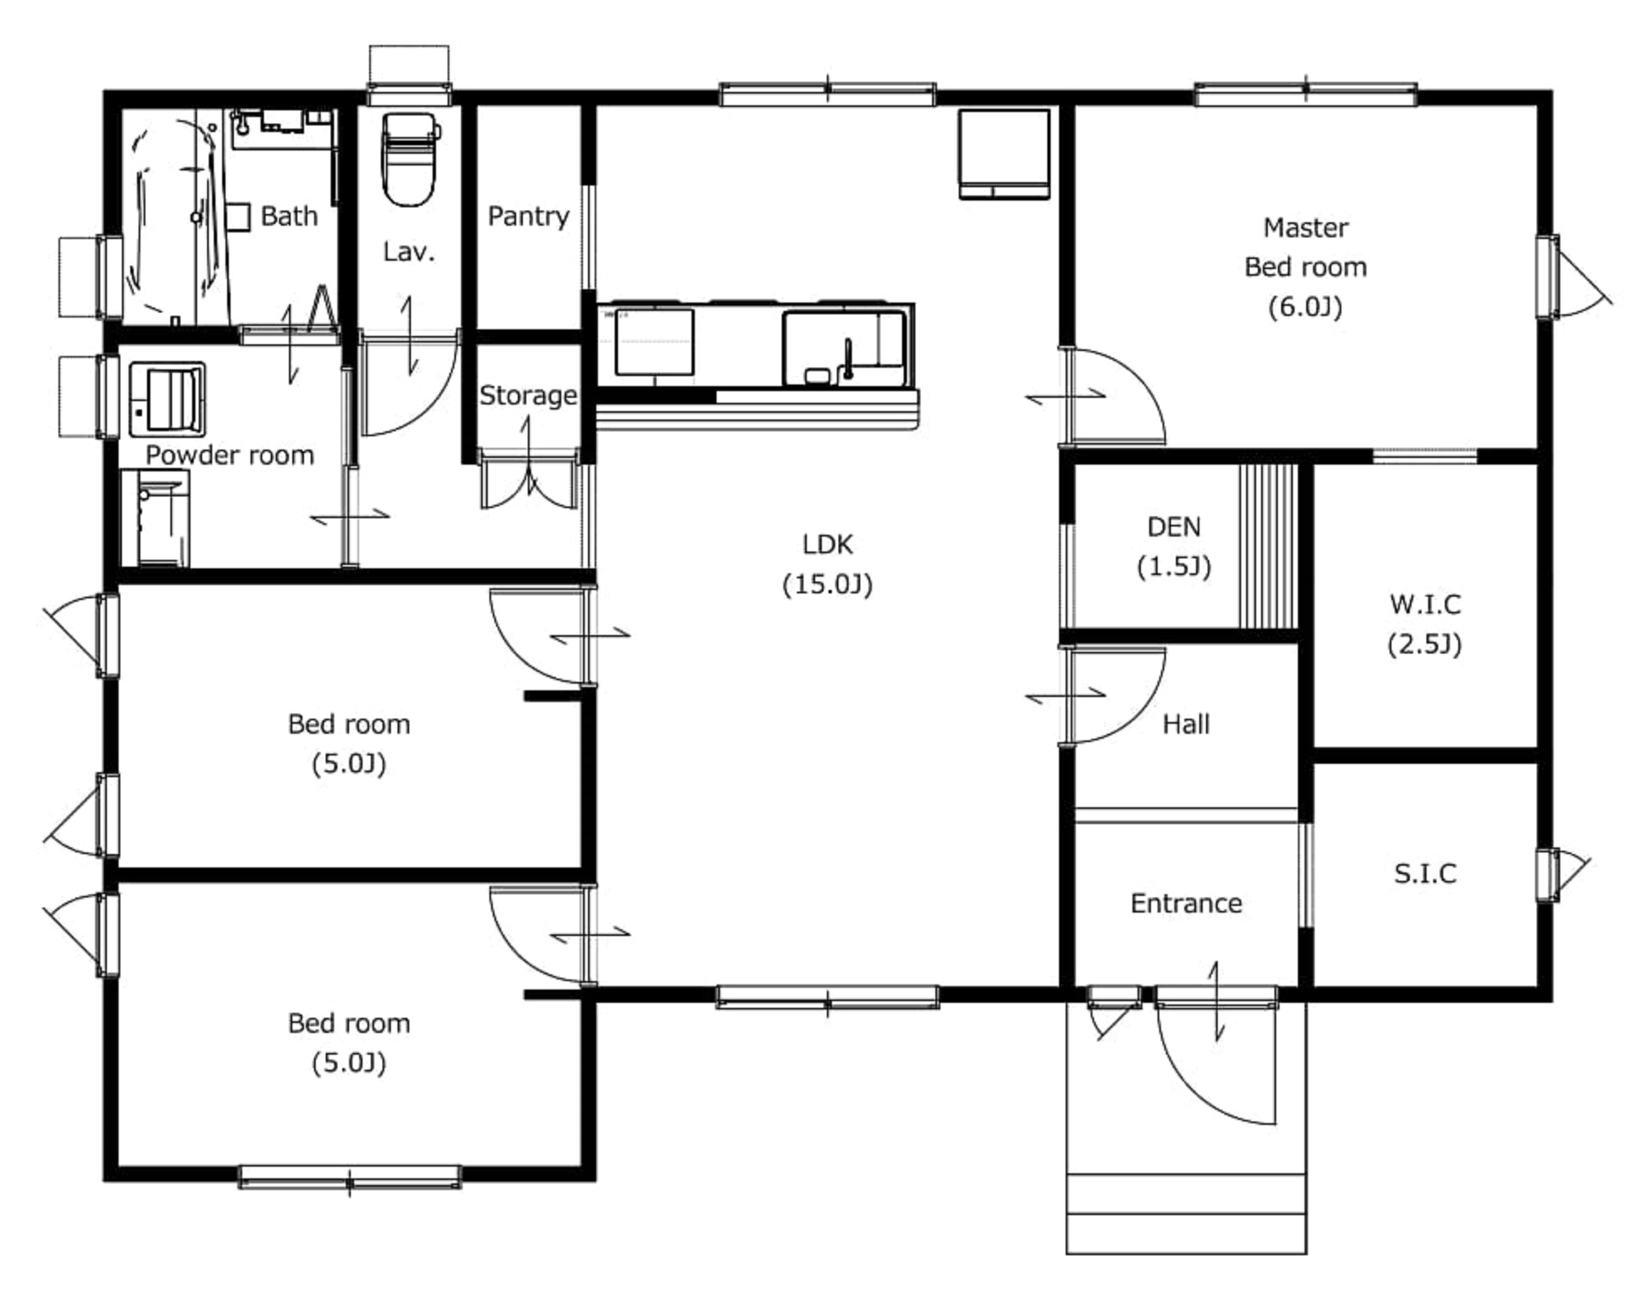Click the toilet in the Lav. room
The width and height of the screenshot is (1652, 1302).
tap(409, 159)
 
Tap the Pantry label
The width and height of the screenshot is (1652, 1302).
tap(528, 216)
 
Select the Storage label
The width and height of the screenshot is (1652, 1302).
tap(528, 395)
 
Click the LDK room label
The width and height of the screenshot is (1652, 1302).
tap(827, 544)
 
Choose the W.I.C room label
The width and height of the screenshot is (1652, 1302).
tap(1425, 604)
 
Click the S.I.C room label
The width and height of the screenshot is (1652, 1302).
tap(1425, 873)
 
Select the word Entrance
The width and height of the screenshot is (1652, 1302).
tap(1186, 903)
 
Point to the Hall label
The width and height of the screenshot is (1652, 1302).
tap(1186, 725)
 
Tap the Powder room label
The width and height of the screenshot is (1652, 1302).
tap(230, 455)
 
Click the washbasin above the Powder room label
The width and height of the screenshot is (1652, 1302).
tap(167, 399)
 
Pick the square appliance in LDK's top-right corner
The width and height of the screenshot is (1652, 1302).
tap(1004, 155)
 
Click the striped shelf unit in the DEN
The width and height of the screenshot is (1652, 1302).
tap(1268, 547)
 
